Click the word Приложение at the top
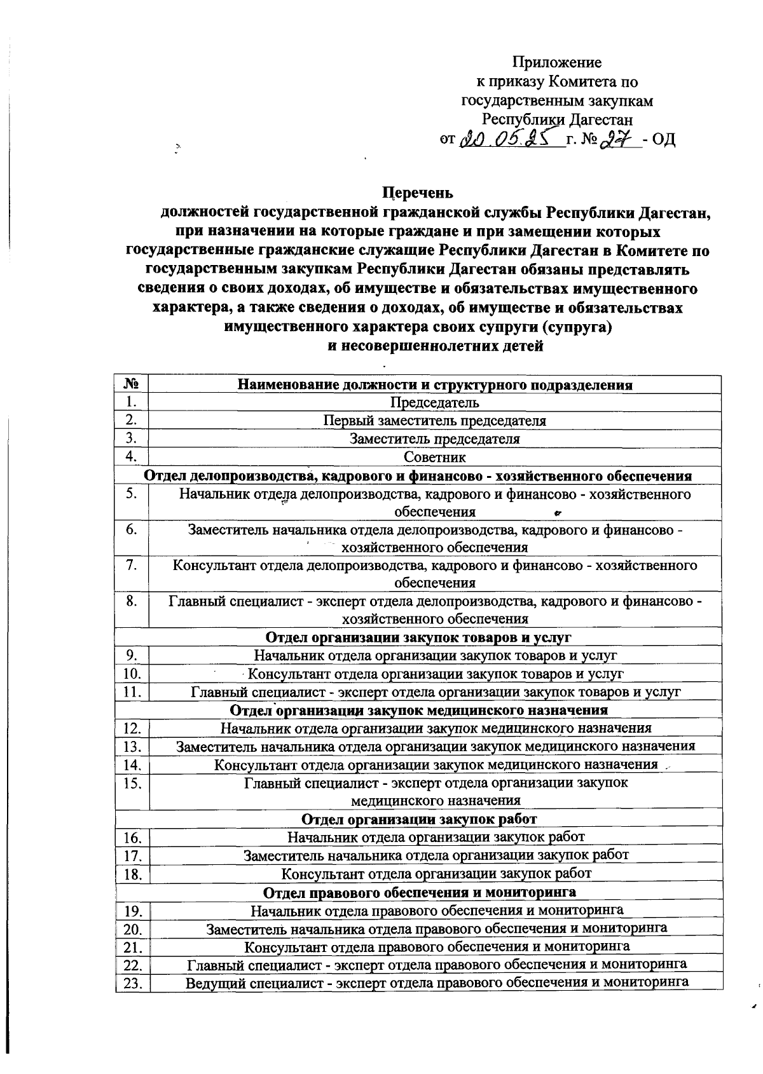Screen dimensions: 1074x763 [557, 62]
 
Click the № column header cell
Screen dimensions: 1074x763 [131, 384]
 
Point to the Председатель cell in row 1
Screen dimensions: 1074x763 [434, 402]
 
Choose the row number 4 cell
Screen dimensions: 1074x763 [132, 456]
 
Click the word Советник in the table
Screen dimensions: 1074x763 [434, 457]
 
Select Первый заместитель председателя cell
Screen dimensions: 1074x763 [434, 421]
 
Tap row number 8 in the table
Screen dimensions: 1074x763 [132, 601]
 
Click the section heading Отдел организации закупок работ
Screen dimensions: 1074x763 [418, 819]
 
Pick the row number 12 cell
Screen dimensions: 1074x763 [132, 728]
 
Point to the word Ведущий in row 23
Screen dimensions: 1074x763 [215, 982]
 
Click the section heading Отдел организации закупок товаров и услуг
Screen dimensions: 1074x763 [418, 637]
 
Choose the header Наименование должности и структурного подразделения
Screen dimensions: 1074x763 [434, 384]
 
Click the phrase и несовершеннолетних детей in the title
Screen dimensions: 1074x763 [434, 346]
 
